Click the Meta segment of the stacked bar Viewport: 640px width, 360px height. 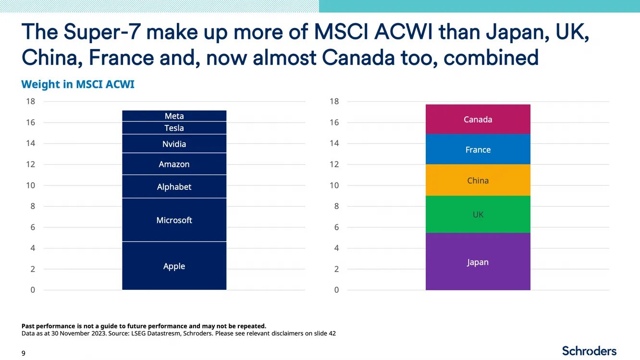(174, 116)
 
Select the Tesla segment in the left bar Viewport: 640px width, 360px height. (174, 128)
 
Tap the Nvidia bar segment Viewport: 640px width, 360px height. (174, 144)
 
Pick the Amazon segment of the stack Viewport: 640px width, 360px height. (174, 164)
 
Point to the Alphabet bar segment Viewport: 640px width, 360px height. (174, 186)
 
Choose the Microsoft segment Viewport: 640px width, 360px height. (174, 220)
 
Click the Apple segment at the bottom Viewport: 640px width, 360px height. (174, 266)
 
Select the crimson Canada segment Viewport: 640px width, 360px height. (478, 119)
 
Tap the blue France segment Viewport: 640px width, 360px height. (478, 149)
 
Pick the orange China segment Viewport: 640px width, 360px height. (478, 180)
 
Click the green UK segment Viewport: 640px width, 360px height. (478, 214)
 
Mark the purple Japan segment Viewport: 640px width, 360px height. (478, 262)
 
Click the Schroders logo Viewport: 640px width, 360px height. (589, 350)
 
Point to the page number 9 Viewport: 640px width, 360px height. (24, 353)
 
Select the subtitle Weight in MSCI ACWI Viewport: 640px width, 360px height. (78, 85)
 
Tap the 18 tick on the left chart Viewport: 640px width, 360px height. (30, 101)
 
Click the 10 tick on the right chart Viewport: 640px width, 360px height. (334, 186)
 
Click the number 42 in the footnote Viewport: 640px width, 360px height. (332, 334)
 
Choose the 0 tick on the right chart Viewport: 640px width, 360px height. (336, 290)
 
